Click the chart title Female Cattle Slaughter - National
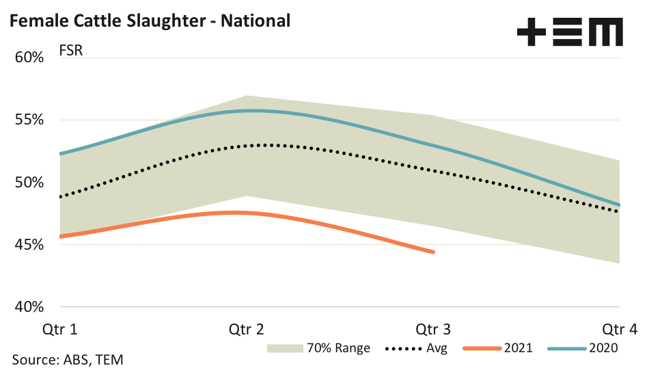click(x=150, y=21)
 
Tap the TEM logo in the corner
click(x=570, y=32)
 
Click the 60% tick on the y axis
click(x=29, y=57)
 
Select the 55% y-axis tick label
click(x=29, y=120)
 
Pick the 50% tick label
click(x=29, y=182)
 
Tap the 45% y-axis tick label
click(x=29, y=244)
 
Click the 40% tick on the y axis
click(x=29, y=306)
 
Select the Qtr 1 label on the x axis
click(x=61, y=330)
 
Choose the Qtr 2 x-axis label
click(x=247, y=330)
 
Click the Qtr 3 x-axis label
click(x=433, y=330)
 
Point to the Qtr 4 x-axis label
click(x=620, y=330)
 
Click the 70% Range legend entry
click(x=319, y=348)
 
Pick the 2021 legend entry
click(x=500, y=348)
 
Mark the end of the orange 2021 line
click(x=433, y=252)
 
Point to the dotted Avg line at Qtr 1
click(x=61, y=197)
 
